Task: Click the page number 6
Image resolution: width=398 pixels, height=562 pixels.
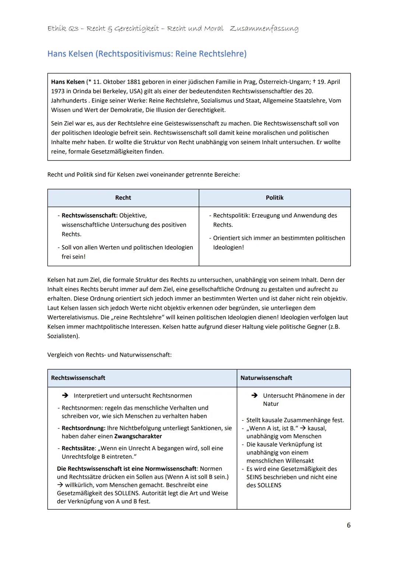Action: coord(348,525)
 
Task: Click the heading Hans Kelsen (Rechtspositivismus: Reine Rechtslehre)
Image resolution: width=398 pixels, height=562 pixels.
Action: coord(147,54)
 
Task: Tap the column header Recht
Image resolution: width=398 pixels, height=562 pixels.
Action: coord(123,198)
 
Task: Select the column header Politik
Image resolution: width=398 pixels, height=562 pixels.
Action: coord(275,198)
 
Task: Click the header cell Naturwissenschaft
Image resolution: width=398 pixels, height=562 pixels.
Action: coord(266,378)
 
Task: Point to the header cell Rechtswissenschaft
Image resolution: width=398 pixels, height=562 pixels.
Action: coord(78,378)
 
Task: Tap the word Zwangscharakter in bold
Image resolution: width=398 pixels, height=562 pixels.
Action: coord(138,436)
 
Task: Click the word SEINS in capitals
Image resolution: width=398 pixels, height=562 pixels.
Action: coord(255,477)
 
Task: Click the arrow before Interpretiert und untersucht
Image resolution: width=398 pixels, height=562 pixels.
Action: coord(65,396)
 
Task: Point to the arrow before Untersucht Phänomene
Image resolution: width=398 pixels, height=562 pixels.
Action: coord(254,396)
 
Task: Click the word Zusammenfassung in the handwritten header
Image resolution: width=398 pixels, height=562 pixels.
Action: coord(264,28)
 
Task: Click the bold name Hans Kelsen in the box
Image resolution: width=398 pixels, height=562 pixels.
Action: coord(68,82)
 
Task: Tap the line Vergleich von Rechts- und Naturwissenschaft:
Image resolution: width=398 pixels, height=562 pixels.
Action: coord(109,355)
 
